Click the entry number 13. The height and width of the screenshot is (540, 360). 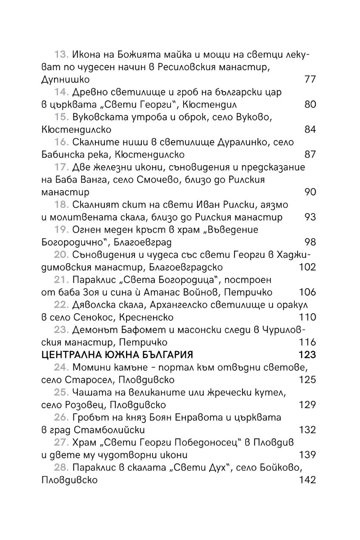61,55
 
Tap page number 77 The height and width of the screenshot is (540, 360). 310,80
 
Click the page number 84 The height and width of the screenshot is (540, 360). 310,130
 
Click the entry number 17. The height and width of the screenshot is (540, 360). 61,167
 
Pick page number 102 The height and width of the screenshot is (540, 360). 307,267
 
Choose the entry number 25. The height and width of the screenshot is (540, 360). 61,392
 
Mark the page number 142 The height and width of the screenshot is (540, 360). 307,480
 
